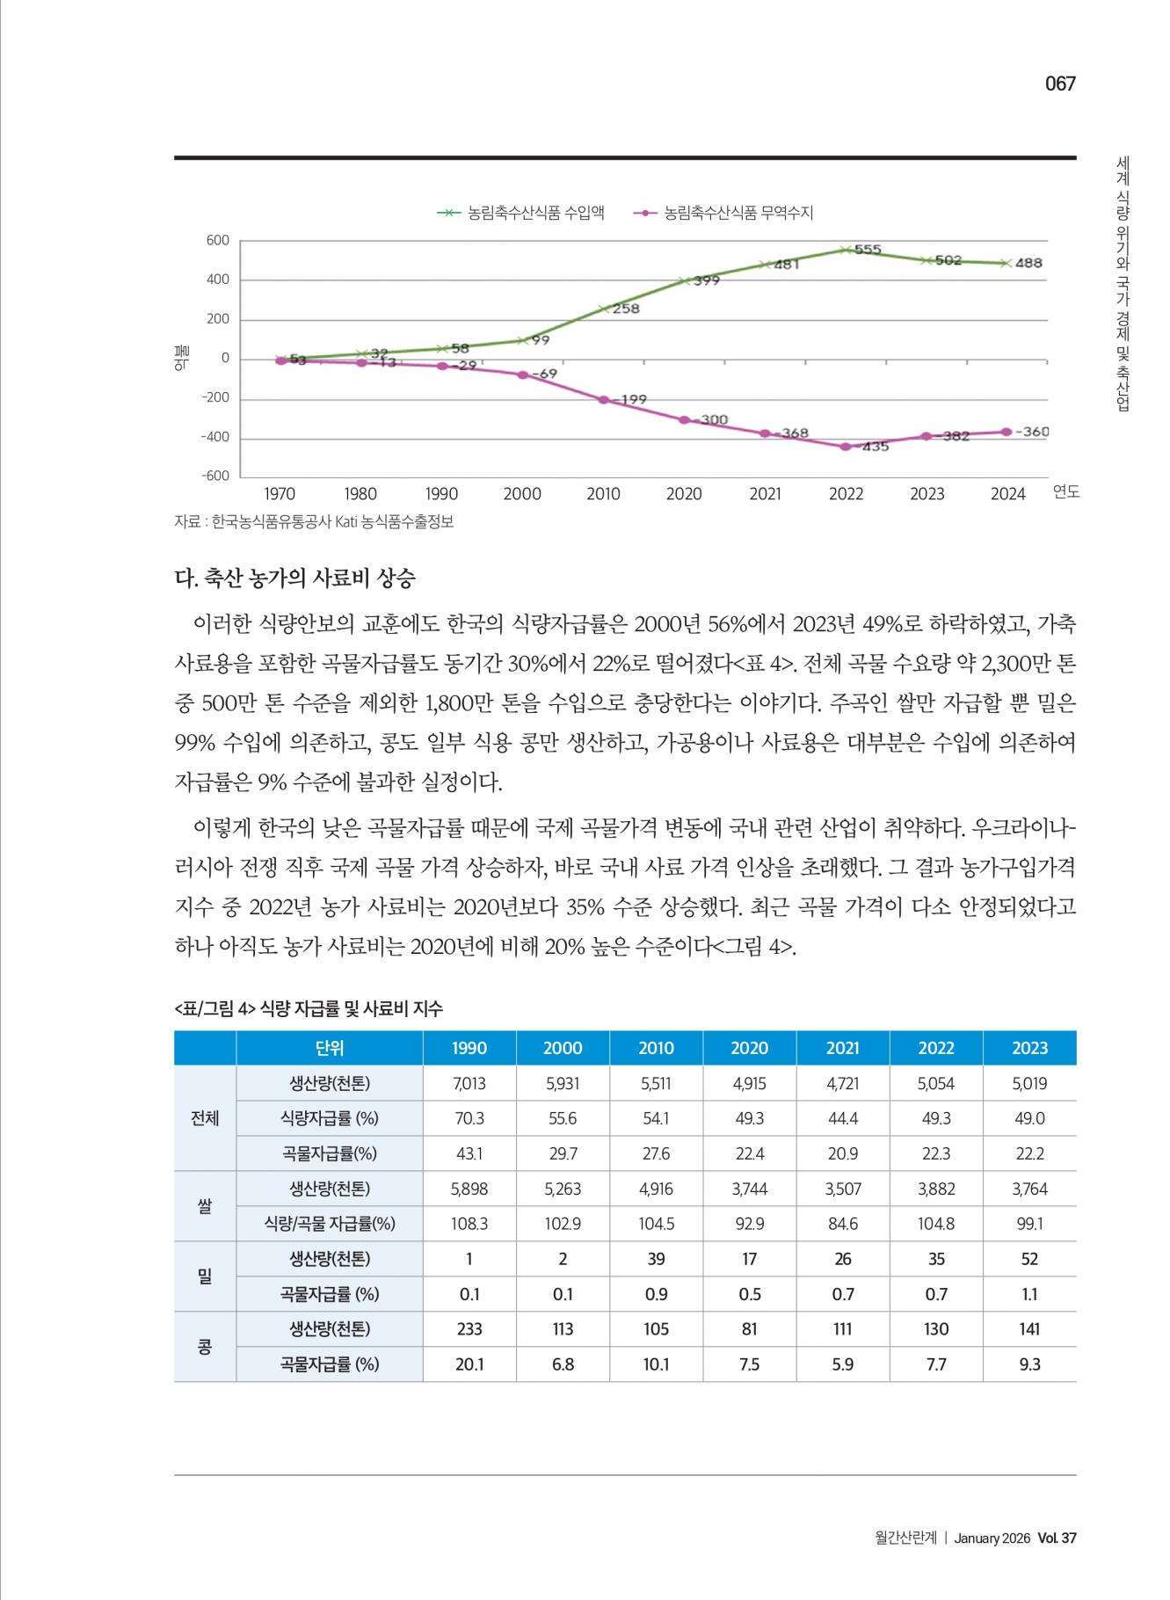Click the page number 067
tap(1060, 84)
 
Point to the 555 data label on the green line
tap(867, 250)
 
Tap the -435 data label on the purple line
tap(874, 447)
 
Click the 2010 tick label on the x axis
tap(603, 494)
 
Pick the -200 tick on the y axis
tap(214, 397)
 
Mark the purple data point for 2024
tap(1006, 432)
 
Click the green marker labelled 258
tap(605, 309)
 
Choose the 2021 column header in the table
tap(842, 1048)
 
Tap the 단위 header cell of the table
tap(330, 1048)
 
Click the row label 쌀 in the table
tap(205, 1206)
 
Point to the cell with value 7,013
tap(469, 1083)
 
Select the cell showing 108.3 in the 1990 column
tap(469, 1224)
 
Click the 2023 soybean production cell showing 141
tap(1029, 1329)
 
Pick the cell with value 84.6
tap(842, 1224)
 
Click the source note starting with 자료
tap(314, 521)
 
